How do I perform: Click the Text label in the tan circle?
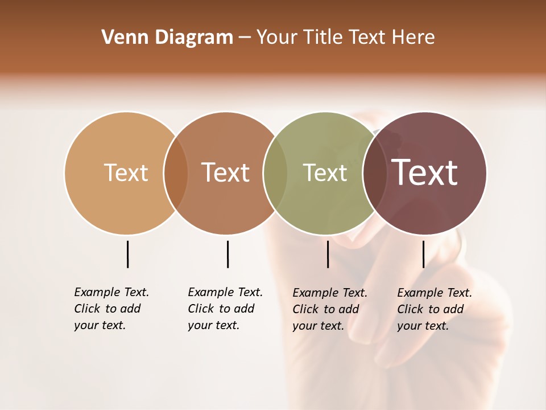tap(126, 173)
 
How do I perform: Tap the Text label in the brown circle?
tap(226, 173)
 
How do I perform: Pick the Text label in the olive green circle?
tap(325, 173)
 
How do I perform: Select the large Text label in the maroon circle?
tap(425, 173)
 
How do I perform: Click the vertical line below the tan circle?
tap(127, 254)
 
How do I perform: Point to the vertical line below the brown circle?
tap(227, 254)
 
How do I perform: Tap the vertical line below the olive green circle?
tap(328, 254)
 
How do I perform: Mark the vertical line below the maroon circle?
tap(423, 254)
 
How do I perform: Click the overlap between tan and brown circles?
tap(176, 173)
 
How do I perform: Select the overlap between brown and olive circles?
tap(275, 173)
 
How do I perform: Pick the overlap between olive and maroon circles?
tap(375, 173)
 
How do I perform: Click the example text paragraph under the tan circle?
tap(111, 309)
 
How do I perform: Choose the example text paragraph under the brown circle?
tap(225, 309)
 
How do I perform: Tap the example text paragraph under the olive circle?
tap(330, 309)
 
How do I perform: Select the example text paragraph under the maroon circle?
tap(435, 309)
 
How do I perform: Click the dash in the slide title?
tap(245, 38)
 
